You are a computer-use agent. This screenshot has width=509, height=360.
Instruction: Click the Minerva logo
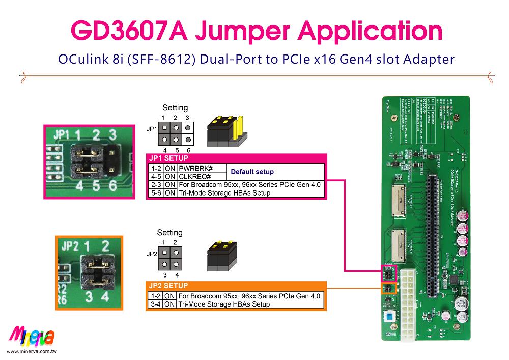[32, 337]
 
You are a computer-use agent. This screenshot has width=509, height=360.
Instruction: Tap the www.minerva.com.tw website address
[32, 352]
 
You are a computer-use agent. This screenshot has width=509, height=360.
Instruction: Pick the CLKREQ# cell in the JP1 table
[194, 176]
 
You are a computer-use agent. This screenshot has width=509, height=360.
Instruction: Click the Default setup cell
[253, 172]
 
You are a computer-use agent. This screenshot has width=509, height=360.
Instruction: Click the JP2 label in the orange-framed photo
[71, 246]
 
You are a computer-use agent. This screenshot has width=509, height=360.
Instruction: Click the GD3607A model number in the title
[130, 31]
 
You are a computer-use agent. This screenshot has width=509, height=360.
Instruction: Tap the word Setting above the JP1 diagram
[175, 108]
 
